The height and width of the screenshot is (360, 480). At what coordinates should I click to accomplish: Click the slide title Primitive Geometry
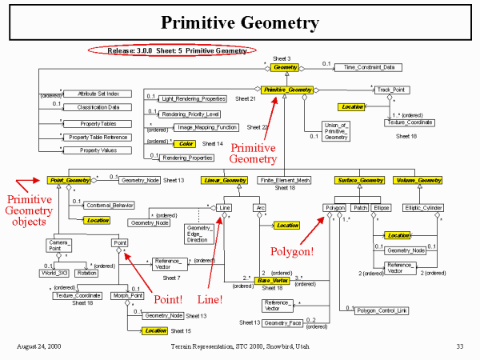pyautogui.click(x=239, y=22)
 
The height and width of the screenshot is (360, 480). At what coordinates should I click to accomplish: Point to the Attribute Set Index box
pyautogui.click(x=91, y=94)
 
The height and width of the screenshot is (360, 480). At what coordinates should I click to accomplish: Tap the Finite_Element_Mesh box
pyautogui.click(x=286, y=180)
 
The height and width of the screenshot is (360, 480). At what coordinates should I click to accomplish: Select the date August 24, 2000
pyautogui.click(x=38, y=346)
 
